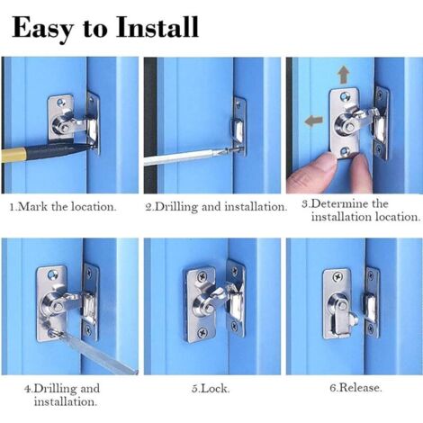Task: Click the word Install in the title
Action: (157, 27)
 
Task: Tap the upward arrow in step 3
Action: (343, 76)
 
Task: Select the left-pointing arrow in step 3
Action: (314, 121)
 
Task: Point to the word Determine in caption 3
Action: (340, 204)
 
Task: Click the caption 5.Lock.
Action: (211, 389)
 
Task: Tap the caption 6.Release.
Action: (355, 388)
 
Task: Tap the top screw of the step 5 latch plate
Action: (200, 275)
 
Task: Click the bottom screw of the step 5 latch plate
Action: (202, 332)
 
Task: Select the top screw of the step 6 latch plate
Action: (338, 277)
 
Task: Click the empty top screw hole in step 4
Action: (54, 274)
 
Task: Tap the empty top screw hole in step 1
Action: (62, 102)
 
